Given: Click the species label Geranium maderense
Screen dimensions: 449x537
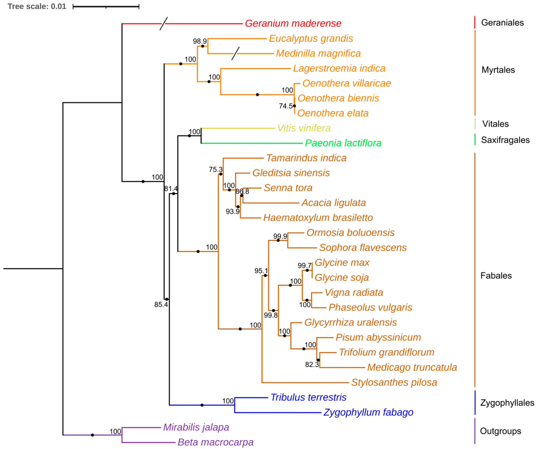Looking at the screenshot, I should pyautogui.click(x=293, y=23).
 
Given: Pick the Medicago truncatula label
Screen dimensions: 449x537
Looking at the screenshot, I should pyautogui.click(x=412, y=367).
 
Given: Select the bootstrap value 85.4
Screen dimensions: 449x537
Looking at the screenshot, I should pyautogui.click(x=161, y=305).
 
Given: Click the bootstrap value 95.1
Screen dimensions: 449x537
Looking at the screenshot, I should pyautogui.click(x=261, y=271).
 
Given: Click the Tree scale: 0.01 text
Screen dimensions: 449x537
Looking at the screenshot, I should pyautogui.click(x=37, y=6).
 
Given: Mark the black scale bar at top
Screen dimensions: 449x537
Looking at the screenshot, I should pyautogui.click(x=106, y=7).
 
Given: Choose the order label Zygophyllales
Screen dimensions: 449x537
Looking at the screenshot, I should pyautogui.click(x=507, y=403).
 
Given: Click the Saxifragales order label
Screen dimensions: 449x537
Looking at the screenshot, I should pyautogui.click(x=505, y=140).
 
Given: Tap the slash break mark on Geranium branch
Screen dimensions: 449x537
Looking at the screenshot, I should pyautogui.click(x=164, y=23).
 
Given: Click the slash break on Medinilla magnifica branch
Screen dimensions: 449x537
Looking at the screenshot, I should pyautogui.click(x=236, y=54).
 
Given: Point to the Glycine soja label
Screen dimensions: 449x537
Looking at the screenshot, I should pyautogui.click(x=342, y=278).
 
